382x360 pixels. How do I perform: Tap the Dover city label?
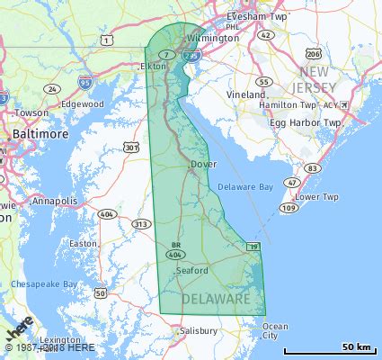pyautogui.click(x=203, y=165)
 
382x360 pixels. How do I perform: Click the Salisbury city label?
pyautogui.click(x=198, y=331)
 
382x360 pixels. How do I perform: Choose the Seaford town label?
pyautogui.click(x=192, y=270)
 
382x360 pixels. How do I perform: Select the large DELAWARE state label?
pyautogui.click(x=217, y=298)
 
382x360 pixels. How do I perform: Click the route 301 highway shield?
pyautogui.click(x=132, y=148)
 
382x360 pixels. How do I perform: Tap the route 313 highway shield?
pyautogui.click(x=140, y=223)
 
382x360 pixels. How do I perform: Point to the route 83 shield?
pyautogui.click(x=312, y=168)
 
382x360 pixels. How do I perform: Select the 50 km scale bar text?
pyautogui.click(x=356, y=347)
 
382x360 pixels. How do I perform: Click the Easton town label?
pyautogui.click(x=84, y=244)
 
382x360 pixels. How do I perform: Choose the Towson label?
pyautogui.click(x=32, y=112)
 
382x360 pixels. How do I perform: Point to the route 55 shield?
pyautogui.click(x=262, y=81)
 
